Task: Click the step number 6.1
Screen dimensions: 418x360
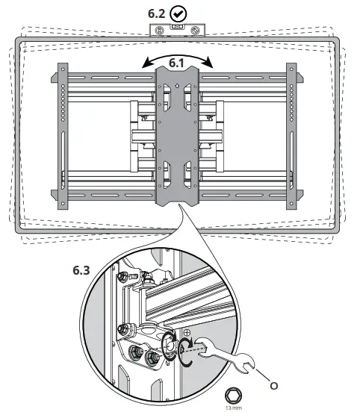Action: (178, 63)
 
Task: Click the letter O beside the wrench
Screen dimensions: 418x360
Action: (274, 386)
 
